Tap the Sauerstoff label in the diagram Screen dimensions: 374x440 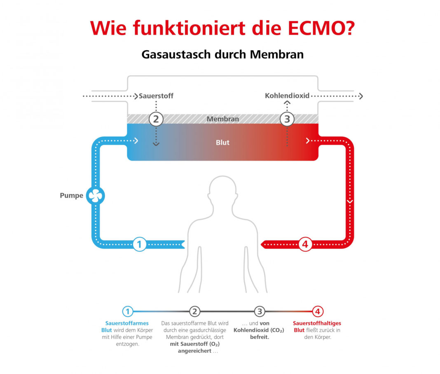coord(156,96)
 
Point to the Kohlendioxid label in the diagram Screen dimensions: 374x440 coord(287,96)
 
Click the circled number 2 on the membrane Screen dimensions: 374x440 coord(156,119)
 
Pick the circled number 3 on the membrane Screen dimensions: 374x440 coord(287,119)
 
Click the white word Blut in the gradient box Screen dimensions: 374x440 coord(222,143)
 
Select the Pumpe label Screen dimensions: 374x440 coord(72,196)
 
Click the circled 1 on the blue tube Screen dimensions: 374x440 coord(139,245)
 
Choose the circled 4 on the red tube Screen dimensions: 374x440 coord(305,245)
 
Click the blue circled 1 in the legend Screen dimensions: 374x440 coord(128,311)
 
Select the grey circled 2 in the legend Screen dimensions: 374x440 coord(195,311)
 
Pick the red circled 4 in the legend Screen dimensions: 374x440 coord(318,311)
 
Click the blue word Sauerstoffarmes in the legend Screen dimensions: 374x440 coord(127,323)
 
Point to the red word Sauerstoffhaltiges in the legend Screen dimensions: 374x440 coord(317,323)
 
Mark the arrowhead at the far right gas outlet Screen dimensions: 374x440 coord(360,96)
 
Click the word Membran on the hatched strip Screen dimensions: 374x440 coord(222,119)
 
